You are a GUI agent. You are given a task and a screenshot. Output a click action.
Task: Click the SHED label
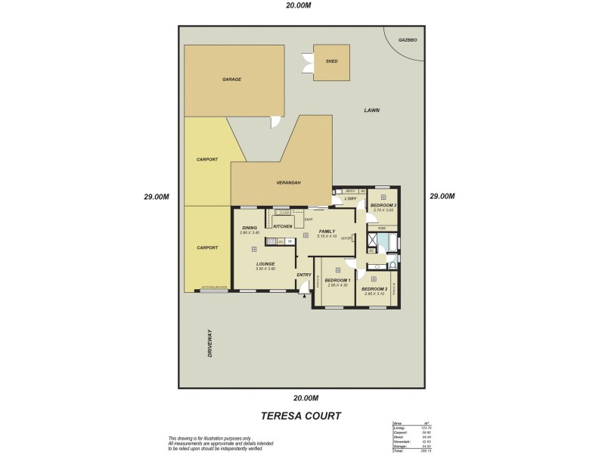click(331, 61)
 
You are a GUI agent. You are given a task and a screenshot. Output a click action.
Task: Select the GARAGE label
click(231, 79)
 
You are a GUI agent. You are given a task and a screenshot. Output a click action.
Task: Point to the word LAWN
click(371, 110)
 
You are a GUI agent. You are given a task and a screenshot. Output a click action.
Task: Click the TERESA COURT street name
click(301, 415)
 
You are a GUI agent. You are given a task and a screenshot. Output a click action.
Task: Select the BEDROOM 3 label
click(383, 205)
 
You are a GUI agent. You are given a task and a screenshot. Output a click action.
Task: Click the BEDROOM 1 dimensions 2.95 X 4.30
click(337, 285)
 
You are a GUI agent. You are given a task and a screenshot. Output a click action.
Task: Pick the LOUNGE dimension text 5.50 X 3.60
click(265, 269)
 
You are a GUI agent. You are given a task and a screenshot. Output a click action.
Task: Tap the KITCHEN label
click(283, 226)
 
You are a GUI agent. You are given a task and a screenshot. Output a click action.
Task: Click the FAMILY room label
click(327, 232)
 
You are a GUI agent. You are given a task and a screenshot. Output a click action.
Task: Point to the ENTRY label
click(304, 275)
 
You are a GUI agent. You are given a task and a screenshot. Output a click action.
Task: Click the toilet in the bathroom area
click(392, 266)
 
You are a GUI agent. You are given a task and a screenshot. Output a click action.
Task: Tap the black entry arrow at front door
click(304, 297)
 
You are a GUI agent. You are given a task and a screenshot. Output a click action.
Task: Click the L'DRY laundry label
click(350, 199)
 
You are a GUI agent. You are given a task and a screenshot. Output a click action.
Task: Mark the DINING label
click(250, 228)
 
